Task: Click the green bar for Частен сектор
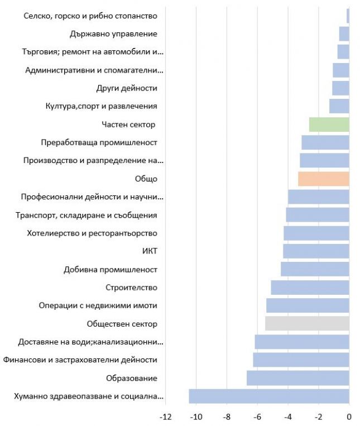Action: pos(329,125)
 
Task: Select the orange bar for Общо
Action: pos(324,179)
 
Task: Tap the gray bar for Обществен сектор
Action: pos(307,324)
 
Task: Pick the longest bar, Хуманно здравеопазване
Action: pos(269,396)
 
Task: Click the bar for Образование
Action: pos(298,378)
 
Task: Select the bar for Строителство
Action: pos(310,288)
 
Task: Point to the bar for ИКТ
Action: pos(316,251)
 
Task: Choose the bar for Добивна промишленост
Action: pos(315,269)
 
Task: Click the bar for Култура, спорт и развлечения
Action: pos(339,106)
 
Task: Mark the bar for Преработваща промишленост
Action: pos(325,142)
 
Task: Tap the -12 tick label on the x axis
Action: pos(165,417)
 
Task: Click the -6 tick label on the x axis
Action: pos(257,417)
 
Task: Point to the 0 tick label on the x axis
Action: pos(349,417)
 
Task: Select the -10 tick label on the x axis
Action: pos(196,417)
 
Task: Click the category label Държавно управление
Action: pos(113,34)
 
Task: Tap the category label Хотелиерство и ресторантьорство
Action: pos(92,233)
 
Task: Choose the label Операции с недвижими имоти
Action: pos(98,305)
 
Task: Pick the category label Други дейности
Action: pos(127,88)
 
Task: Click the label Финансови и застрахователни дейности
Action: pos(80,360)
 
